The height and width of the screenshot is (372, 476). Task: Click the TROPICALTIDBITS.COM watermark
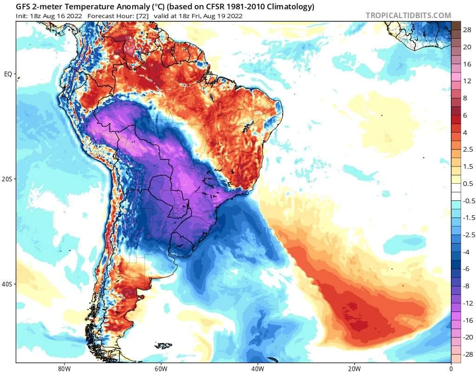tap(408, 15)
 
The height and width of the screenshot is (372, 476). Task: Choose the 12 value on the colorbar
tap(467, 81)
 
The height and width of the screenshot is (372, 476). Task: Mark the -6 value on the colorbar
tap(467, 269)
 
